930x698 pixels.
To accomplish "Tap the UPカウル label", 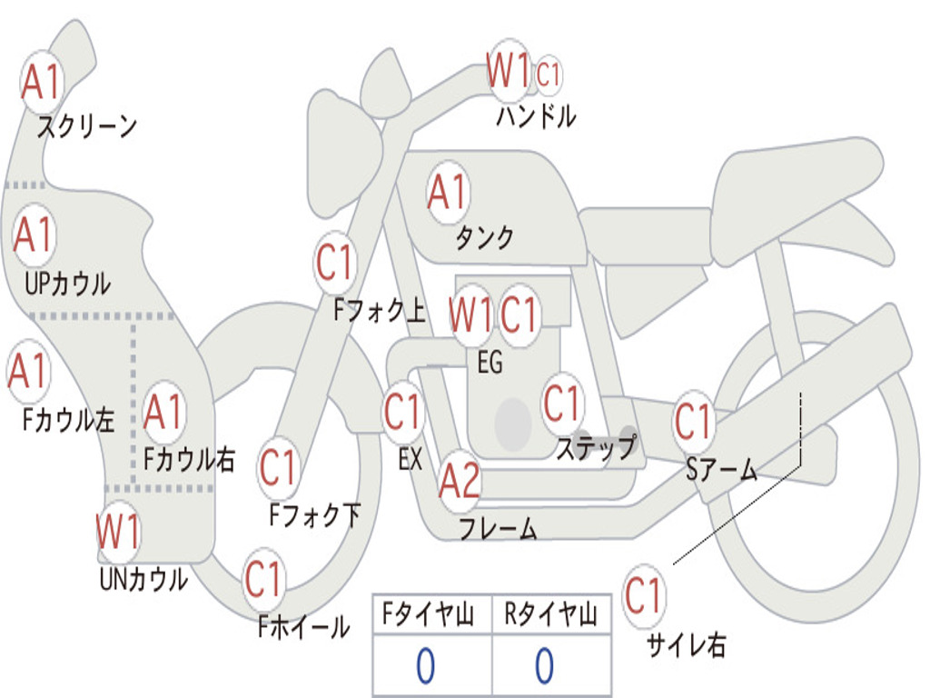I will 67,283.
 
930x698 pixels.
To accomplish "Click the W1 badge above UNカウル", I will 119,530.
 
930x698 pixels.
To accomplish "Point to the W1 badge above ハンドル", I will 508,71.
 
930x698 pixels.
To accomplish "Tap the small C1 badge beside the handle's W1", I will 549,75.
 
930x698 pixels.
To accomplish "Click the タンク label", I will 484,237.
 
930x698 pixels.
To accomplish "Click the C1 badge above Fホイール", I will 263,579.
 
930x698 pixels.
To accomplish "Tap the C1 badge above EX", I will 402,412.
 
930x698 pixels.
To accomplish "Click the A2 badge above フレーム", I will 460,482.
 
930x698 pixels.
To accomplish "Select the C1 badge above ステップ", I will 561,404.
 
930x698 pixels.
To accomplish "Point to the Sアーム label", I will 722,469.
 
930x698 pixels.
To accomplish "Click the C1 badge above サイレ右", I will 643,597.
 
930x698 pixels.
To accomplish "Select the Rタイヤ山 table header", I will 550,615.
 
